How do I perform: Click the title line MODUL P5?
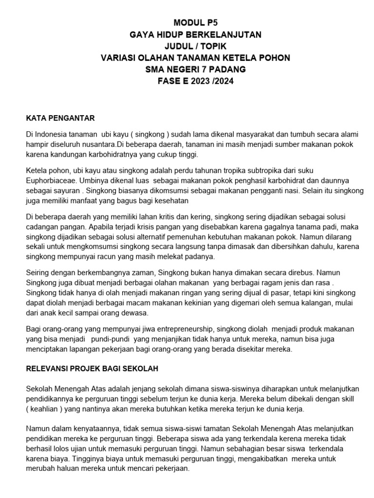[195, 22]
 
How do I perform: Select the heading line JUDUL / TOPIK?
[195, 46]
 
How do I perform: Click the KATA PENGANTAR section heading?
[60, 118]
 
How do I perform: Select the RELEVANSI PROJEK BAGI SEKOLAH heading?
[92, 369]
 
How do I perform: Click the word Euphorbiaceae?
[50, 180]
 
